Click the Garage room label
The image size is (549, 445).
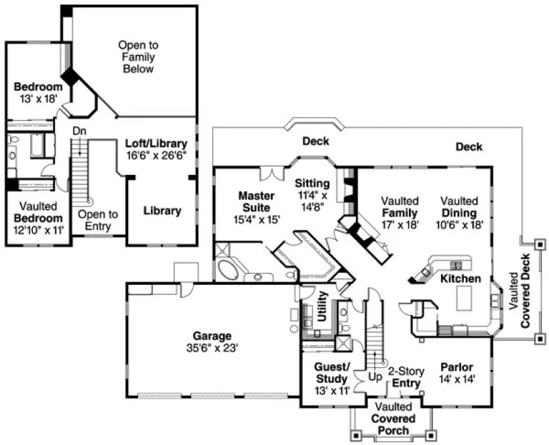coord(212,336)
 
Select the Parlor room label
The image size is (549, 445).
coord(457,367)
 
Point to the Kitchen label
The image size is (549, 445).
coord(460,278)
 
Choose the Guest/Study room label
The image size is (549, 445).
coord(332,373)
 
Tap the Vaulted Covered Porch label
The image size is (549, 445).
coord(395,419)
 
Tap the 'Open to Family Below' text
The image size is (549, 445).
coord(138,57)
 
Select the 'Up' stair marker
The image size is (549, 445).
coord(375,377)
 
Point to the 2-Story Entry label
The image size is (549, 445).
coord(406,377)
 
